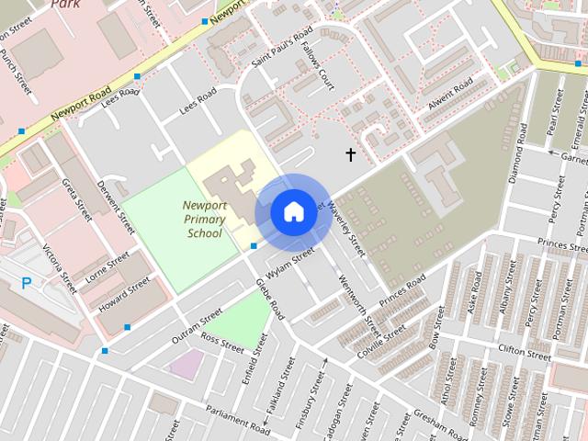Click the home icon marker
click(293, 211)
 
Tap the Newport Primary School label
click(204, 219)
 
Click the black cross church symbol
click(350, 154)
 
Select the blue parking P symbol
click(26, 283)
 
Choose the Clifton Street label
click(523, 349)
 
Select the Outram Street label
click(198, 326)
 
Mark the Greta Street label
click(79, 200)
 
